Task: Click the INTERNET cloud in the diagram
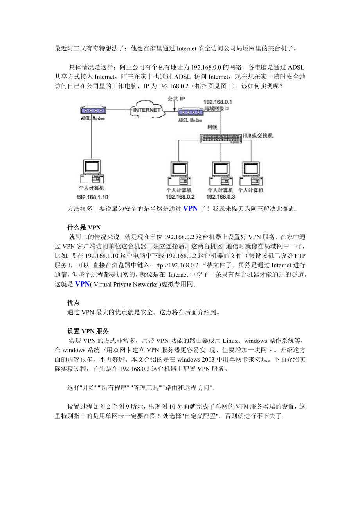(147, 110)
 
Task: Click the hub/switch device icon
(220, 138)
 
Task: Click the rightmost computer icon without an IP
(251, 173)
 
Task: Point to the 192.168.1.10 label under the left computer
(92, 197)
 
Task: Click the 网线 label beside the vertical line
(212, 127)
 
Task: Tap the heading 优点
(74, 303)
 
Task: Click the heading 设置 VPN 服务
(88, 331)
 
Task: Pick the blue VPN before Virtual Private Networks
(82, 284)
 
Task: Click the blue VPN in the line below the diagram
(191, 208)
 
